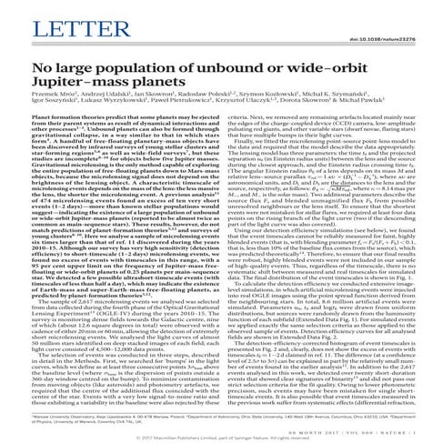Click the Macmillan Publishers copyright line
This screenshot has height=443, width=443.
220,436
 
